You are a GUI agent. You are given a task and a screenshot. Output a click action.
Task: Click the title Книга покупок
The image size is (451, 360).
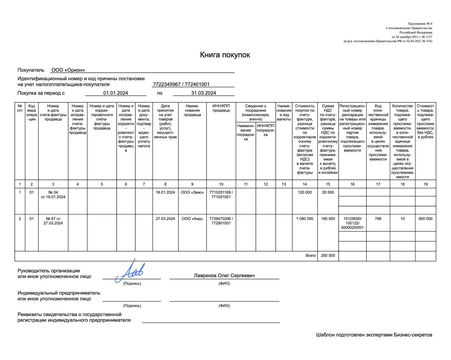click(225, 55)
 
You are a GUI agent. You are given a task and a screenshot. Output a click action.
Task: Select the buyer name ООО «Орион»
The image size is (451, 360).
click(68, 70)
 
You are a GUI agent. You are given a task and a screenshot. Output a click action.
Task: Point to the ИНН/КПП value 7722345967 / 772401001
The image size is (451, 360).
click(181, 84)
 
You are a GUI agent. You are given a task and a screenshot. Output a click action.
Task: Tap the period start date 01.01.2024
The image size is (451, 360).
click(115, 93)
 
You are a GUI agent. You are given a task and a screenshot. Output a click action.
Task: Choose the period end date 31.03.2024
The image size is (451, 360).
click(203, 93)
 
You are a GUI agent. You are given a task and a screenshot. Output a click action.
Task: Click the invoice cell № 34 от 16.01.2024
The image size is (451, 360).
click(53, 195)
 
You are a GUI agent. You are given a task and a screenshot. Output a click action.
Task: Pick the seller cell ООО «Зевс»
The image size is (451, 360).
click(192, 192)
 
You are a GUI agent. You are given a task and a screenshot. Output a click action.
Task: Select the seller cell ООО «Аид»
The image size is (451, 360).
click(192, 219)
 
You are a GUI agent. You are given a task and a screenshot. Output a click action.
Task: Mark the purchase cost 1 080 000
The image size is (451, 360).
click(304, 219)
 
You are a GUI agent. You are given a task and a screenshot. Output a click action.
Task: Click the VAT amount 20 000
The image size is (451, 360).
click(328, 192)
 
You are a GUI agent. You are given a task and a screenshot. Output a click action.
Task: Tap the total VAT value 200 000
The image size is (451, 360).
click(328, 256)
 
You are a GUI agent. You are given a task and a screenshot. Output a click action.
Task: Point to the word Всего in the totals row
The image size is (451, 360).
click(310, 256)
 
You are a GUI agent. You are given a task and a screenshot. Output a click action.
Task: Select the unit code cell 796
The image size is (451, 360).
click(378, 219)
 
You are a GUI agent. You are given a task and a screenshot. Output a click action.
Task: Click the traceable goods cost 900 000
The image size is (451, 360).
click(425, 219)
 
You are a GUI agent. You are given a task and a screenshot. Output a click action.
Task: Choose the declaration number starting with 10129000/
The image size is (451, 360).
click(352, 223)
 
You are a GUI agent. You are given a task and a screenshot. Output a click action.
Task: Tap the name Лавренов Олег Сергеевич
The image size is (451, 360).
click(224, 276)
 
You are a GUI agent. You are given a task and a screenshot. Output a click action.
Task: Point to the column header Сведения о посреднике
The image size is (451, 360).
click(255, 112)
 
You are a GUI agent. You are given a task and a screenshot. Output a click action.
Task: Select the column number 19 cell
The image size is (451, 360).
click(425, 184)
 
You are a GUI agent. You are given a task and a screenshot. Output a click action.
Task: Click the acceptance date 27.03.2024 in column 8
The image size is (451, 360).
click(165, 219)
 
